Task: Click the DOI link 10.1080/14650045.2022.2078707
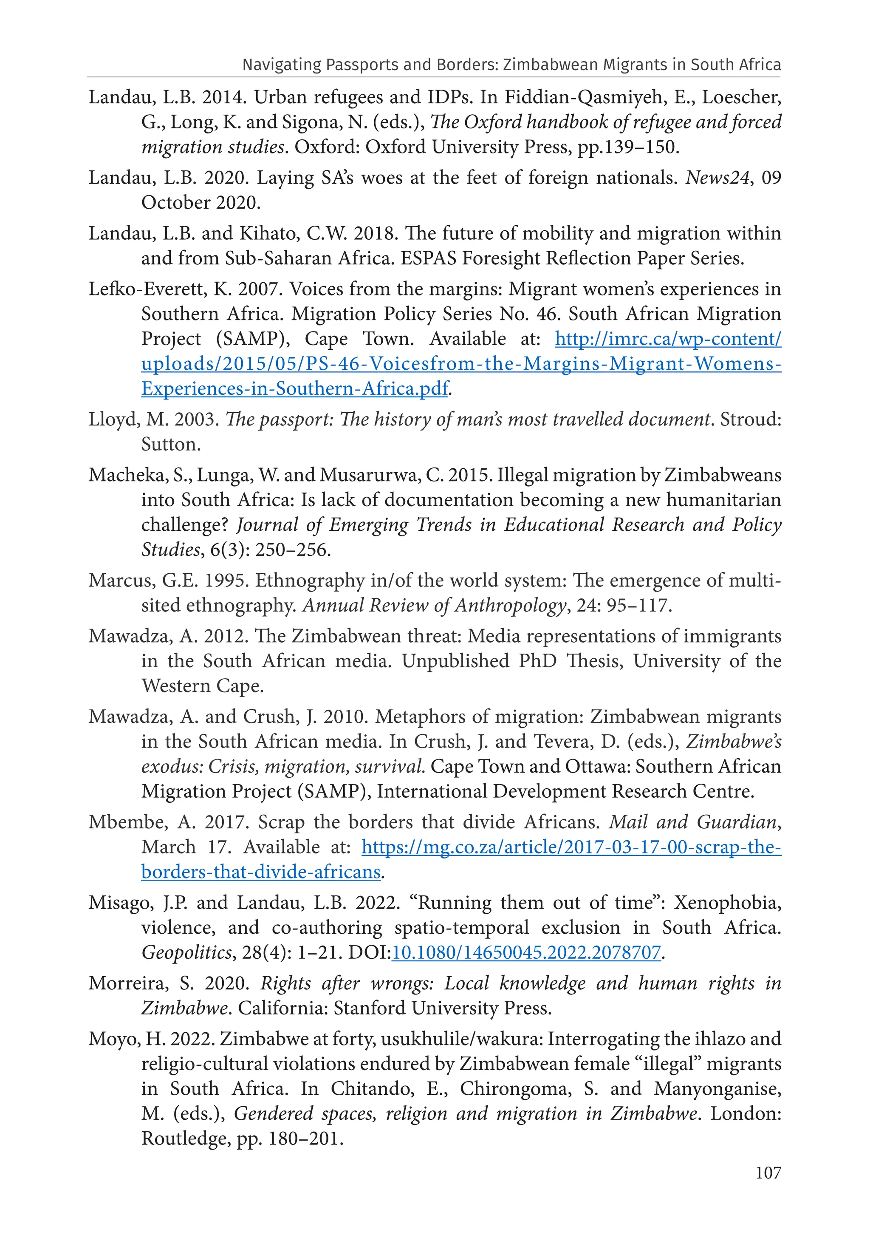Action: pyautogui.click(x=526, y=953)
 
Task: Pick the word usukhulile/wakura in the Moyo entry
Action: pyautogui.click(x=461, y=1039)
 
